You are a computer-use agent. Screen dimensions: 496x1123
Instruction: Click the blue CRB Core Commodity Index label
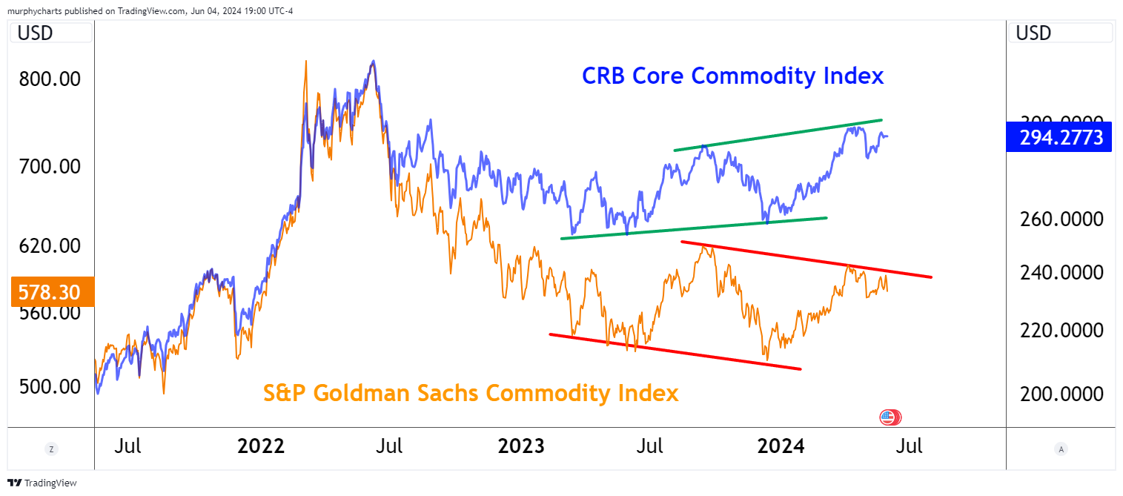[x=732, y=76]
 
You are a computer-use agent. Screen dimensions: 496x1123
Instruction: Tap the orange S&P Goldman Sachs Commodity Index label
[x=471, y=392]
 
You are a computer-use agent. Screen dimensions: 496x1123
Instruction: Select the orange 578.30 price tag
[x=48, y=292]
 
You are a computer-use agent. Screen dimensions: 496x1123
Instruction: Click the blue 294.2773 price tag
[x=1059, y=137]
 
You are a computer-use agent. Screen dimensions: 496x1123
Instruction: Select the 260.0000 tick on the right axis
[x=1059, y=219]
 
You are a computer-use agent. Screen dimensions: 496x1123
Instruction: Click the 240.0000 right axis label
[x=1059, y=273]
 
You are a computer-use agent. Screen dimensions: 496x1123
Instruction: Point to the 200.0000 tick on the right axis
[x=1059, y=394]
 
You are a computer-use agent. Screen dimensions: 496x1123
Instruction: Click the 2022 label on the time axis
[x=260, y=446]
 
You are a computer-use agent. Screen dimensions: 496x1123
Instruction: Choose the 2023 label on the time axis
[x=520, y=446]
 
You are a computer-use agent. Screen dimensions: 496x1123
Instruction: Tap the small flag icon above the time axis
[x=890, y=417]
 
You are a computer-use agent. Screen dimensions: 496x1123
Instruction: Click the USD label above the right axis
[x=1034, y=33]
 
